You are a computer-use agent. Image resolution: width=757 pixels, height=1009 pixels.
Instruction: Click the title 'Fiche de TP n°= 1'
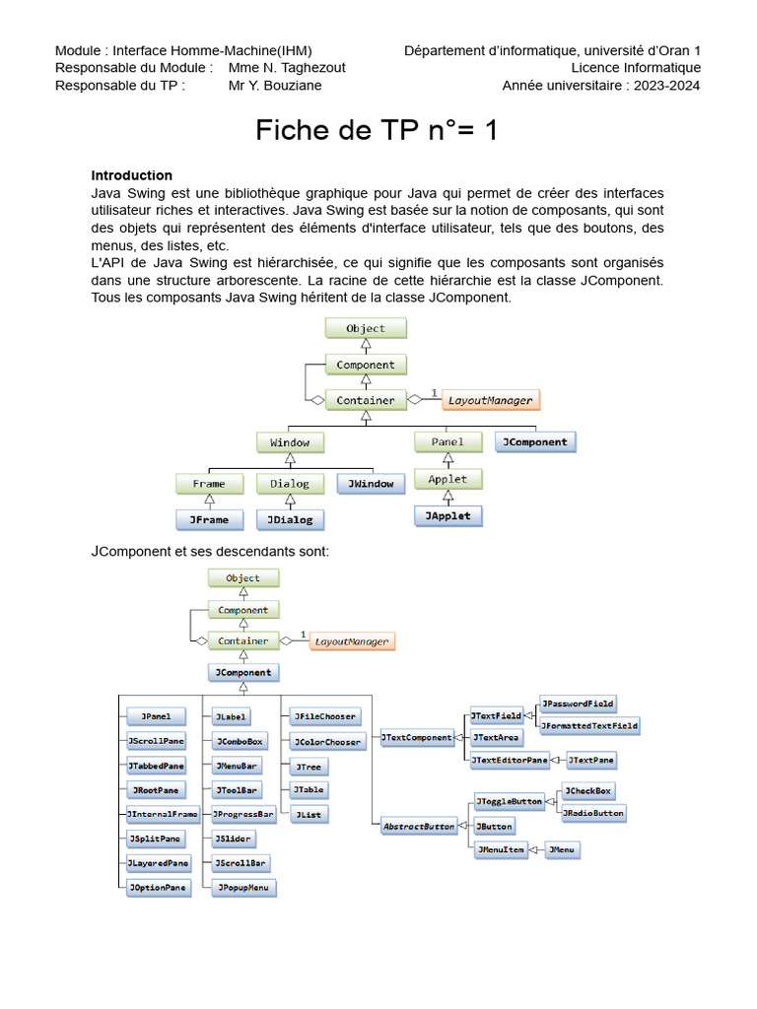(378, 130)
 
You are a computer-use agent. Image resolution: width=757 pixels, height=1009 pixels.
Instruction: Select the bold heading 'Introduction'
(132, 175)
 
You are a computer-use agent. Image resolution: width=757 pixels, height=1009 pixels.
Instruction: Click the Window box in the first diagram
(290, 442)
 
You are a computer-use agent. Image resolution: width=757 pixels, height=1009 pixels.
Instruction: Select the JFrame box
(209, 519)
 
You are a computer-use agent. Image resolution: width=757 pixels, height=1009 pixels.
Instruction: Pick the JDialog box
(290, 519)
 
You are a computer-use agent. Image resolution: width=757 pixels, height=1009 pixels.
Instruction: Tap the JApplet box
(447, 515)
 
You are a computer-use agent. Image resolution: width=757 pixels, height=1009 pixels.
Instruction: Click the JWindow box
(371, 484)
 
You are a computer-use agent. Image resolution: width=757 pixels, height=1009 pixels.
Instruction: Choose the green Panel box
(447, 442)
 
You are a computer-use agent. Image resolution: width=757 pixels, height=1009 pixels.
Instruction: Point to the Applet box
(447, 480)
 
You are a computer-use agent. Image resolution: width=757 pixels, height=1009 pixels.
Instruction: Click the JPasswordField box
(578, 704)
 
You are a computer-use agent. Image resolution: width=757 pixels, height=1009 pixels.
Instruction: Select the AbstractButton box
(419, 827)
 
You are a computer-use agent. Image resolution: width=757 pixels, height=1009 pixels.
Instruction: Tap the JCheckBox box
(588, 790)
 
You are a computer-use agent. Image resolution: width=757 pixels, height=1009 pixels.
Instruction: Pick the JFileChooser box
(324, 716)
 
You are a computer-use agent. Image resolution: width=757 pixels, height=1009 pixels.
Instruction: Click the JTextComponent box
(416, 737)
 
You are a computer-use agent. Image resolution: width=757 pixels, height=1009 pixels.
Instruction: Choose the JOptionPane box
(156, 887)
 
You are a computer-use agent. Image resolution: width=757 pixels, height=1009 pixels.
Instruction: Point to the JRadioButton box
(593, 813)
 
